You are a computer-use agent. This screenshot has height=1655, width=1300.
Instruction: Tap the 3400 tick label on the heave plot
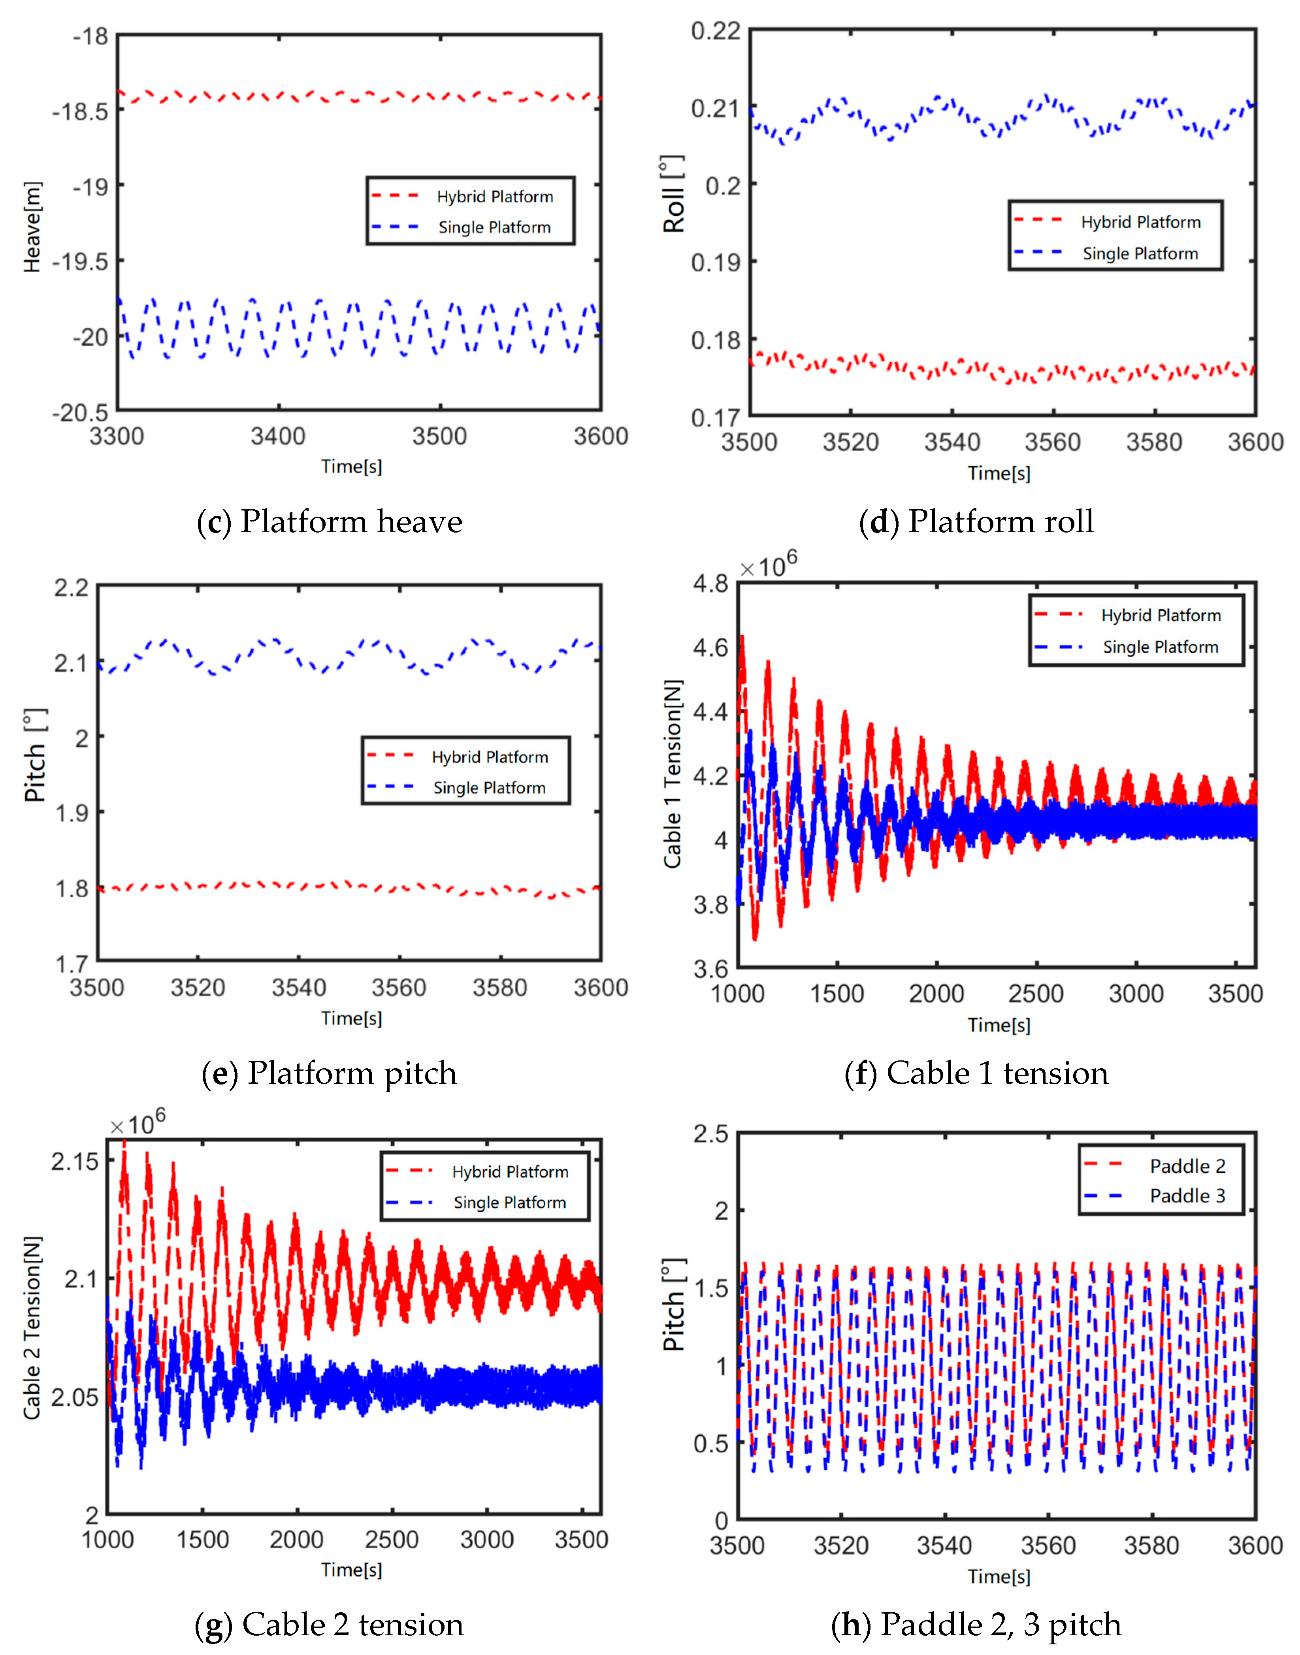[x=278, y=437]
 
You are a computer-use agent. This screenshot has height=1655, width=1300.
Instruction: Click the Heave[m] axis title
[x=32, y=227]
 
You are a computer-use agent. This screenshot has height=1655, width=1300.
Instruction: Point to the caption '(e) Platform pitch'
[x=329, y=1073]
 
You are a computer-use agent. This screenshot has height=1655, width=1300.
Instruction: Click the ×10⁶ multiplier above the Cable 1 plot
[x=768, y=566]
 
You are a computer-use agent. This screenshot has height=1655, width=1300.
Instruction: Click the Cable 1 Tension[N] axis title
[x=673, y=774]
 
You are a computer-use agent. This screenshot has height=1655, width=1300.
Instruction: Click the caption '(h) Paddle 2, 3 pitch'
[x=976, y=1625]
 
